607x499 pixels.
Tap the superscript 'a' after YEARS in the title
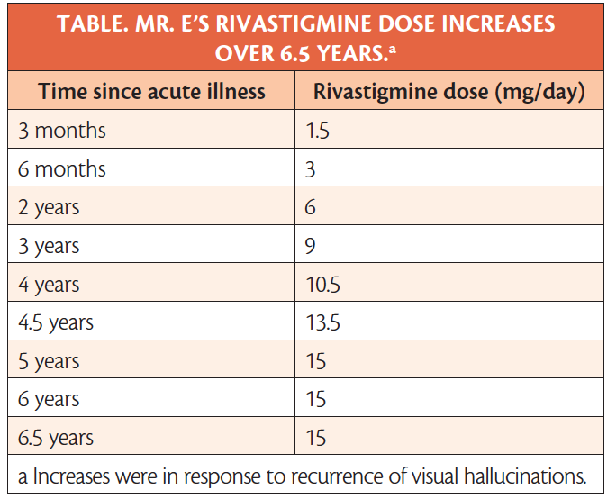pyautogui.click(x=393, y=50)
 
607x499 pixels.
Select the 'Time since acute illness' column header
pyautogui.click(x=151, y=91)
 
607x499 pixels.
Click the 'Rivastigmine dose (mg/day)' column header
pyautogui.click(x=449, y=92)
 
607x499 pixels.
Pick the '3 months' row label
pyautogui.click(x=62, y=130)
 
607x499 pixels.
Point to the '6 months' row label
pyautogui.click(x=62, y=168)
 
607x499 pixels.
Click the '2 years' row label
pyautogui.click(x=49, y=208)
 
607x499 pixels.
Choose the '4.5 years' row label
pyautogui.click(x=56, y=323)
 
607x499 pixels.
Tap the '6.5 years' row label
pyautogui.click(x=56, y=439)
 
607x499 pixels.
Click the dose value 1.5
pyautogui.click(x=317, y=131)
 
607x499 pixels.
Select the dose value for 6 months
pyautogui.click(x=310, y=169)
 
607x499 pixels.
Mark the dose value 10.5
pyautogui.click(x=322, y=285)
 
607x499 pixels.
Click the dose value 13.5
pyautogui.click(x=322, y=322)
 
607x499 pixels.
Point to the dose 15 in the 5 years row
pyautogui.click(x=316, y=361)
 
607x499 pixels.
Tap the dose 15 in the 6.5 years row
pyautogui.click(x=316, y=438)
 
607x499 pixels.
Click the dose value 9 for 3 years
pyautogui.click(x=310, y=246)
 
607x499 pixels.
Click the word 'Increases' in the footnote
pyautogui.click(x=71, y=476)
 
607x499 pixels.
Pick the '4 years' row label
pyautogui.click(x=49, y=285)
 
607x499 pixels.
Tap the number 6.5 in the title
pyautogui.click(x=295, y=53)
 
